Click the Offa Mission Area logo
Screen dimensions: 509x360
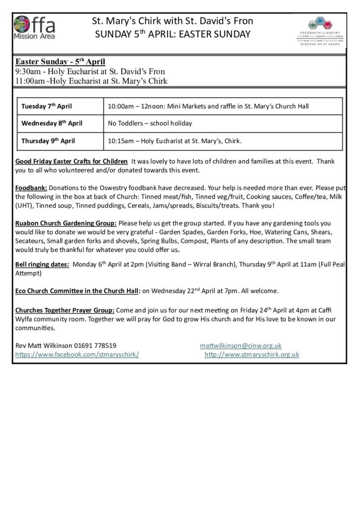(x=34, y=28)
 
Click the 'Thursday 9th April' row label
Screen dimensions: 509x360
(x=48, y=141)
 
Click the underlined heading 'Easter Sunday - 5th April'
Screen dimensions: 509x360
(x=60, y=63)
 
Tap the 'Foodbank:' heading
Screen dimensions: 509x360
(x=31, y=189)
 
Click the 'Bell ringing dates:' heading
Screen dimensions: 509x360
(x=42, y=265)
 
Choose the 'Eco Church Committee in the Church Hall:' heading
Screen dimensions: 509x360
(x=79, y=290)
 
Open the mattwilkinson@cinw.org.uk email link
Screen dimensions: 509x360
(x=241, y=345)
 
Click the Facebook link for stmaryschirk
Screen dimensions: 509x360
(x=77, y=354)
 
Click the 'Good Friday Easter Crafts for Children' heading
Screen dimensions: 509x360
(x=71, y=162)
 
